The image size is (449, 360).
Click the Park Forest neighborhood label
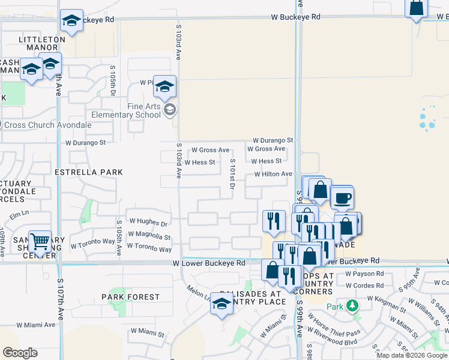click(x=130, y=297)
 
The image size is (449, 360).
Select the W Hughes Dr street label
click(x=148, y=223)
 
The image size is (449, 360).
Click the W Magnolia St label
click(x=150, y=237)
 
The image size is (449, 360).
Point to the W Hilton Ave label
click(x=273, y=174)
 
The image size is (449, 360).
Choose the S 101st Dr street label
click(x=232, y=175)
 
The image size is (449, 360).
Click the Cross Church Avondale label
click(x=48, y=125)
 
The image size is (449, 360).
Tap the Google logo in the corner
click(x=20, y=353)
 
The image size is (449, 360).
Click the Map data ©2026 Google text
click(x=412, y=355)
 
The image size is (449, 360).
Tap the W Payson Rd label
click(x=364, y=274)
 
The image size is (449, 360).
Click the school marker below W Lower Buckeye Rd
click(x=221, y=305)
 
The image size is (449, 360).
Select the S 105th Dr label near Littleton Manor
click(x=112, y=83)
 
